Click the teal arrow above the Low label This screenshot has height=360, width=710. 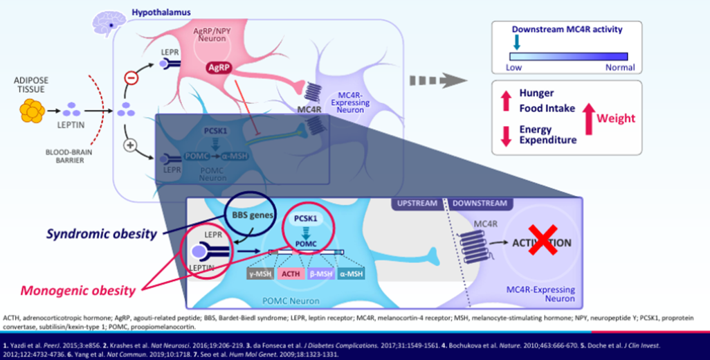(x=515, y=44)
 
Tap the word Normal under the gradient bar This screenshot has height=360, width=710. (x=619, y=68)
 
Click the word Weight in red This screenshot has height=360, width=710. (x=615, y=118)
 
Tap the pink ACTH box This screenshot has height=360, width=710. (x=291, y=274)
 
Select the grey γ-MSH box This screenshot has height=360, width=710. (x=258, y=274)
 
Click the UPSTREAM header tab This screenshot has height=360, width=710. (x=417, y=204)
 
